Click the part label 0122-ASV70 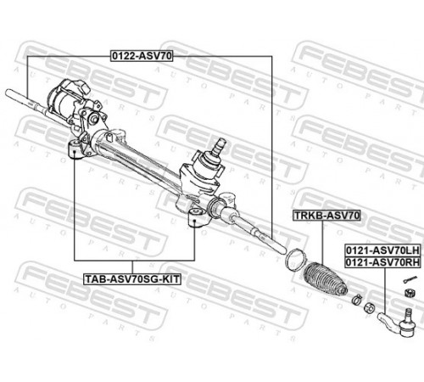142,56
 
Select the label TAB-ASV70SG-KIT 132,279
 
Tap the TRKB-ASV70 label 326,216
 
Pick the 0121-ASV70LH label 382,250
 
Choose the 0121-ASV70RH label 382,262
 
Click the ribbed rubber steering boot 326,278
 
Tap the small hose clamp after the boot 357,299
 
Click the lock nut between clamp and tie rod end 369,307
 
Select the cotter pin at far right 410,279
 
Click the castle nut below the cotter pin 410,292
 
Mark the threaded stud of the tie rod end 408,316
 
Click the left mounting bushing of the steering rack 75,149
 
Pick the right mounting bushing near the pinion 195,217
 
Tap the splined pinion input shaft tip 220,145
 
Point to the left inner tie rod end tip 8,93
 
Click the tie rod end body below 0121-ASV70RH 396,324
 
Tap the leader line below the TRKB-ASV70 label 322,243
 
